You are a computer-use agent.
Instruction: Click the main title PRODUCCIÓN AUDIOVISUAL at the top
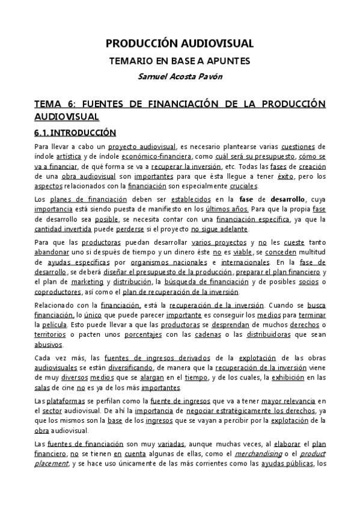coord(180,43)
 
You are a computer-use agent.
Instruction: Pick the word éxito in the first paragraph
coord(285,177)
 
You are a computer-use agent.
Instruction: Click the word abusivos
coord(49,345)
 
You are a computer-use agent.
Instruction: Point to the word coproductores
coord(61,292)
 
